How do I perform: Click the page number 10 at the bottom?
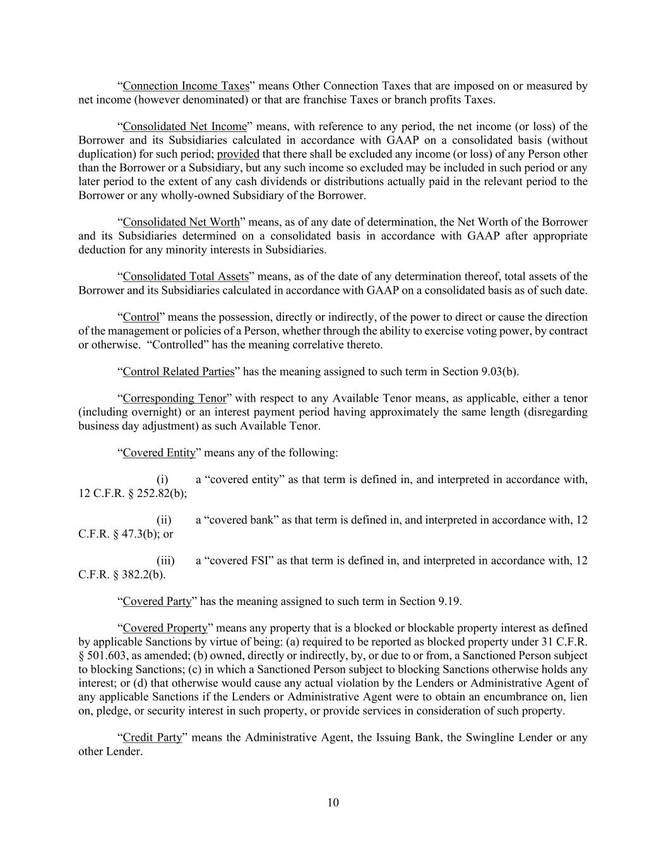pos(333,803)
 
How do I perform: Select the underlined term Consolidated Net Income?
pos(184,127)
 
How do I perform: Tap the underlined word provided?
pos(238,154)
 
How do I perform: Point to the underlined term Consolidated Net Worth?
pos(181,222)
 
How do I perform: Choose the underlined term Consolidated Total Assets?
pos(186,277)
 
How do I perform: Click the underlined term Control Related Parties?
pos(179,371)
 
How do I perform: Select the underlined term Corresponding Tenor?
pos(174,398)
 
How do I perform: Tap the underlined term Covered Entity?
pos(158,453)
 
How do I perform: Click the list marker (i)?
pos(162,479)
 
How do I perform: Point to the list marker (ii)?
pos(164,520)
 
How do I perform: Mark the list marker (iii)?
pos(165,560)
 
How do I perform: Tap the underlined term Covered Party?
pos(157,601)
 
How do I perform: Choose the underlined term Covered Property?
pos(165,628)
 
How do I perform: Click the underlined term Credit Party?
pos(152,738)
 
